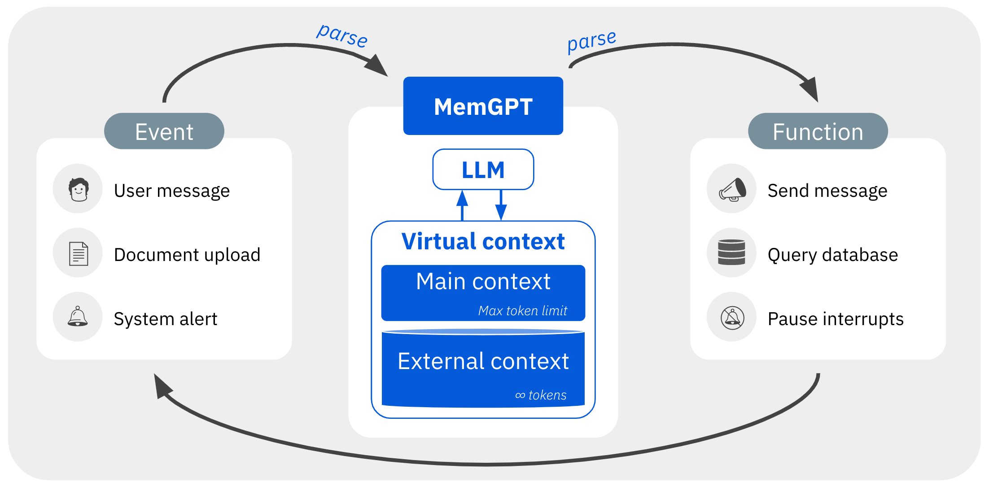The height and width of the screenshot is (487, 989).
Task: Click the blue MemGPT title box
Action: click(483, 106)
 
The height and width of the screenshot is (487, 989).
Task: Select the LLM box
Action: click(483, 170)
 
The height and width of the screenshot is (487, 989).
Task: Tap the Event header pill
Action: click(164, 131)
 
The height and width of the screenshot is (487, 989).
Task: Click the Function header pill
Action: click(818, 131)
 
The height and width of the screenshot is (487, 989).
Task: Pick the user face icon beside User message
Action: click(78, 189)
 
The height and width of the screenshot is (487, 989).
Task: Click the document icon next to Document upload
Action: click(78, 253)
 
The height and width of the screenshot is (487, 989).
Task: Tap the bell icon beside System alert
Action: click(78, 317)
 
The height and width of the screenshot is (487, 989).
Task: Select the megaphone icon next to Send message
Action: click(732, 189)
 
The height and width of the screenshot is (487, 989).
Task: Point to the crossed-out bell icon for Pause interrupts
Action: click(732, 317)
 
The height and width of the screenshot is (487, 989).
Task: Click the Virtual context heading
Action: click(483, 242)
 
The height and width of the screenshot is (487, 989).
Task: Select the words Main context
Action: click(483, 282)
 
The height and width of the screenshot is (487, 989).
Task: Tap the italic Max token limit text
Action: click(522, 310)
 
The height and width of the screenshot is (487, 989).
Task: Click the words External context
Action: click(483, 361)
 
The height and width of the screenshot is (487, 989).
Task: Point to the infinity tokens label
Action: click(541, 395)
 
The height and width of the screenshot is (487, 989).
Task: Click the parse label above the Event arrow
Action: click(342, 35)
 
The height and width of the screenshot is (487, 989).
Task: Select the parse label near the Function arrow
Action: click(591, 41)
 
